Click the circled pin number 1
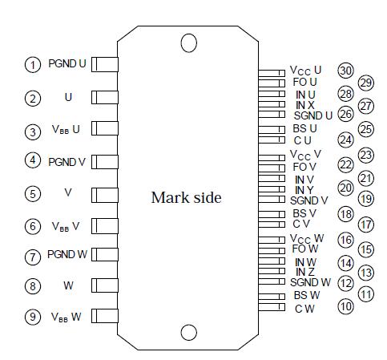tap(33, 64)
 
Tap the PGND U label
tap(67, 63)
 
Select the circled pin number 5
tap(33, 193)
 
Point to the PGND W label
tap(67, 255)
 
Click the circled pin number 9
tap(33, 316)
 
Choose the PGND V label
tap(67, 161)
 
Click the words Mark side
tap(186, 197)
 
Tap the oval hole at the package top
tap(189, 42)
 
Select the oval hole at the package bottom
tap(189, 332)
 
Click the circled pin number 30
tap(345, 71)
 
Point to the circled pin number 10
tap(345, 306)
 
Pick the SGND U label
tap(312, 115)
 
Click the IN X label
tap(305, 105)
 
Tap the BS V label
tap(305, 213)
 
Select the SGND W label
tap(311, 282)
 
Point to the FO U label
tap(305, 82)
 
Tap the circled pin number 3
tap(33, 131)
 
